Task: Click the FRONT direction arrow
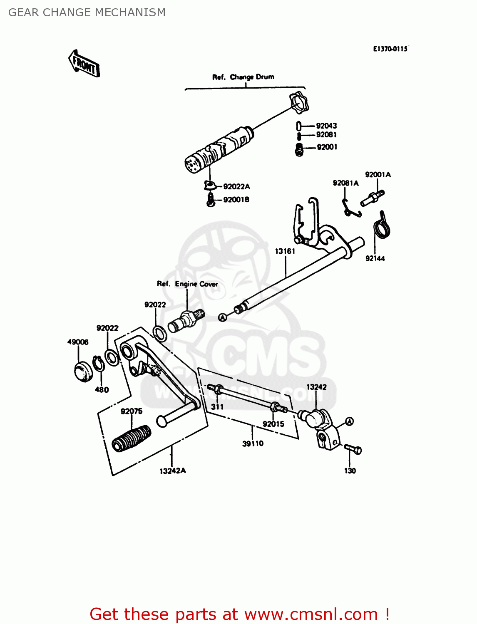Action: click(x=84, y=64)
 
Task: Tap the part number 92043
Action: click(x=326, y=126)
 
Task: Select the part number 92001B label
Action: click(x=236, y=200)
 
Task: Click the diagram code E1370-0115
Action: click(x=390, y=49)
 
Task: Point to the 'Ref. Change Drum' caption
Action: click(x=243, y=77)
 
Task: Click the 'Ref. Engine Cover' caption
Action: click(x=187, y=284)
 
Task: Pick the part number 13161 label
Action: click(x=285, y=251)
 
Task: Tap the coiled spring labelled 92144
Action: click(x=381, y=227)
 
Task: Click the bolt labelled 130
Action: click(x=353, y=449)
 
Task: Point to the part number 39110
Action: click(x=253, y=443)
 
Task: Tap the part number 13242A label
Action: click(x=172, y=471)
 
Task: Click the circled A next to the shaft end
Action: click(x=223, y=317)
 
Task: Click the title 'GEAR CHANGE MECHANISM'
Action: click(x=87, y=12)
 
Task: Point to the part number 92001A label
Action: click(x=378, y=175)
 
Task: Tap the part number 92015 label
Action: click(x=273, y=424)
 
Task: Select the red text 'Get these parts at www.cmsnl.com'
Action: click(x=239, y=614)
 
